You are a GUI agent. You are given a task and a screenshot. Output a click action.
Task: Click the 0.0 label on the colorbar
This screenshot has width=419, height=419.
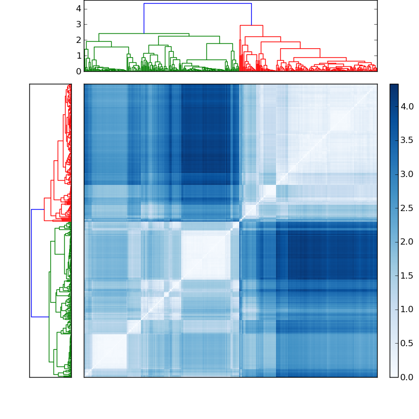click(x=407, y=377)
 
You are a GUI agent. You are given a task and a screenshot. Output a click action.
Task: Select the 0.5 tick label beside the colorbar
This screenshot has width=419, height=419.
click(x=407, y=343)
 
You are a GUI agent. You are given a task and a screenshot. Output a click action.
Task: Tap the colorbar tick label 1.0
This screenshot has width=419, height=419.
click(x=407, y=310)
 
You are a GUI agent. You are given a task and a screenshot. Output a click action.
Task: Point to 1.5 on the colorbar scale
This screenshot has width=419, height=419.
click(x=407, y=275)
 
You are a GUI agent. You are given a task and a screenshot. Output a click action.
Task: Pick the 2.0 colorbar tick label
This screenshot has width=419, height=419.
click(x=407, y=242)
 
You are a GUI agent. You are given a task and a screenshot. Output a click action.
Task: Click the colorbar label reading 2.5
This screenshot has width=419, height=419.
click(x=407, y=208)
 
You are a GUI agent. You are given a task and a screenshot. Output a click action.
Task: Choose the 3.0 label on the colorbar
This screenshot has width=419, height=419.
click(x=407, y=174)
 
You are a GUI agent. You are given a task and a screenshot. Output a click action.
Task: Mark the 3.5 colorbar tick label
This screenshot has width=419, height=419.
click(x=407, y=140)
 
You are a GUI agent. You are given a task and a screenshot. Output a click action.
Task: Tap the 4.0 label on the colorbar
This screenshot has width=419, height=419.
click(x=407, y=106)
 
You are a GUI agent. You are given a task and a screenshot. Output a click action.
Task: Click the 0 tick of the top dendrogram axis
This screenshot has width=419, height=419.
click(x=78, y=71)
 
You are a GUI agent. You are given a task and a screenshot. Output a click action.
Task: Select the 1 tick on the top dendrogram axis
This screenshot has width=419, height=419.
click(x=78, y=56)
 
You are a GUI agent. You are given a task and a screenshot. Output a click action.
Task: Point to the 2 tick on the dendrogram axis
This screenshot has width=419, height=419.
click(x=78, y=40)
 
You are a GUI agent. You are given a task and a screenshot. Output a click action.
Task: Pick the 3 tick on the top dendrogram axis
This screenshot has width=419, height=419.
click(x=78, y=24)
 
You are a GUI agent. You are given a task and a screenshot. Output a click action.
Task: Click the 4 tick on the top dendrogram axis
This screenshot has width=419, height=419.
click(x=78, y=8)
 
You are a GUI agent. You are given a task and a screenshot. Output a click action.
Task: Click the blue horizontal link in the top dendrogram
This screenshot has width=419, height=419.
click(x=197, y=4)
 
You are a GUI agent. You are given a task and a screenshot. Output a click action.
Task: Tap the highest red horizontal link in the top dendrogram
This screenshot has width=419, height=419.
click(x=251, y=25)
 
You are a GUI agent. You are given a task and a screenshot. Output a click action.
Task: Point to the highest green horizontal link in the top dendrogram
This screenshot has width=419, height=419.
click(x=144, y=34)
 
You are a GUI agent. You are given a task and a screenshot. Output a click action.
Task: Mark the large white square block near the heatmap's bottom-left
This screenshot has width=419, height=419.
click(x=109, y=351)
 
